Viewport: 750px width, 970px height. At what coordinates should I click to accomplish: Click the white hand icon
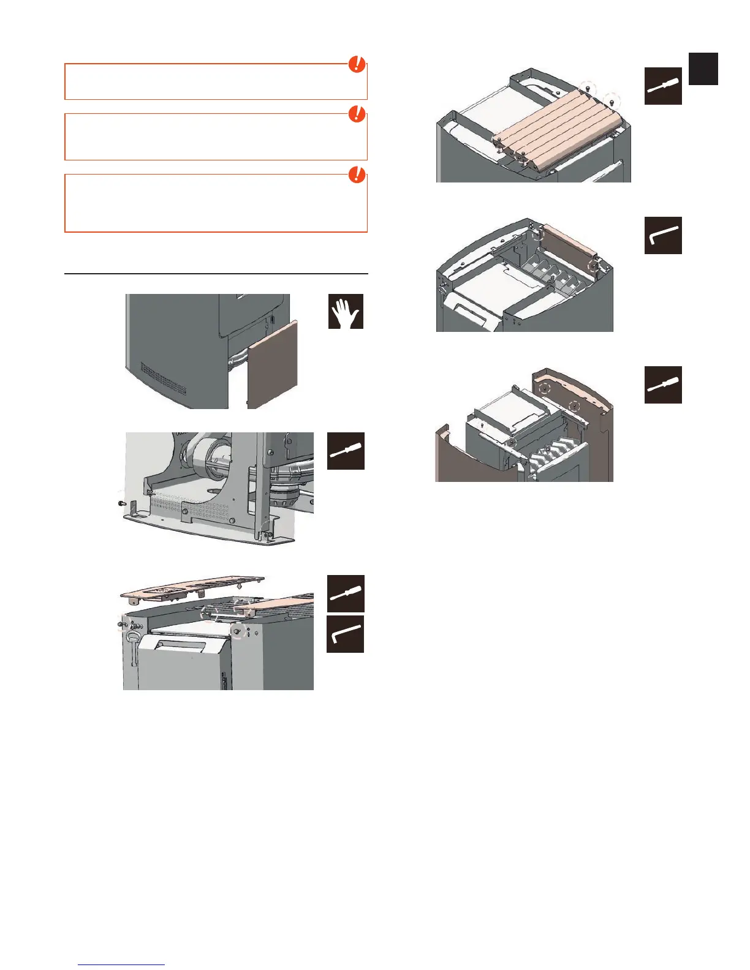pos(346,311)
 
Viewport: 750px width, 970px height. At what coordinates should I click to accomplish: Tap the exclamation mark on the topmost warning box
pos(357,64)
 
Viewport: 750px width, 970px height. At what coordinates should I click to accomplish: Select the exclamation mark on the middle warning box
pos(357,114)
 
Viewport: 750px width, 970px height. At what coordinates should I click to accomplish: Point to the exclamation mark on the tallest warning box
pos(357,175)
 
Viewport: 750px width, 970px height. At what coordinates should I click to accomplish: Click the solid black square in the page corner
pos(703,69)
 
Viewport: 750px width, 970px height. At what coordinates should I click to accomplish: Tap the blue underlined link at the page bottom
pos(121,964)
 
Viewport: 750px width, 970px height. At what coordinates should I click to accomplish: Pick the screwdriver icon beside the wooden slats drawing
pos(663,86)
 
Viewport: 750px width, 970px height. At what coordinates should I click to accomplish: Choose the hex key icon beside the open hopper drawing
pos(663,235)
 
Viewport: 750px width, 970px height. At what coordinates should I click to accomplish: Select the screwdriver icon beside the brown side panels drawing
pos(663,385)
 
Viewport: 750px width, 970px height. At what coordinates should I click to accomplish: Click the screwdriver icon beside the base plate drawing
pos(346,451)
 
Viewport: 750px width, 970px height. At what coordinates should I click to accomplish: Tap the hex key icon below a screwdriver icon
pos(346,634)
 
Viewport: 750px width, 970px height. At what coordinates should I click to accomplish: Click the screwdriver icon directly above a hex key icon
pos(346,593)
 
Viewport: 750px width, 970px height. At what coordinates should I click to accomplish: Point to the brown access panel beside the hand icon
pos(272,364)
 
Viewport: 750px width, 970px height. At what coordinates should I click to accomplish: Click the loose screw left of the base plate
pos(121,503)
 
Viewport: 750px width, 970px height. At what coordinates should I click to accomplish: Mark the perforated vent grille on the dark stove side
pos(164,377)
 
